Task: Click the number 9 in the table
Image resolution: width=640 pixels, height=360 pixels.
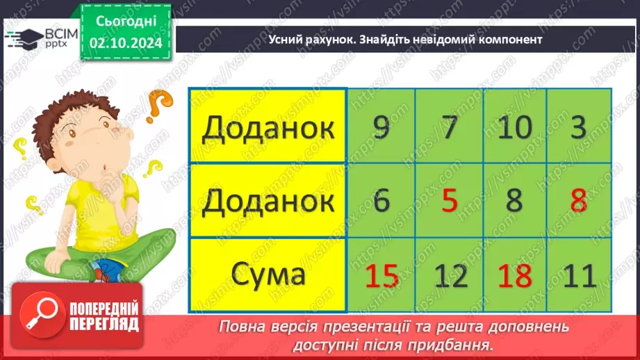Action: coord(381,127)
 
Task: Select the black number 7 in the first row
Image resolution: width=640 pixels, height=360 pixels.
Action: coord(450,127)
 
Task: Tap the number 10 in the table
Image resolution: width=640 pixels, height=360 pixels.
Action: coord(515,127)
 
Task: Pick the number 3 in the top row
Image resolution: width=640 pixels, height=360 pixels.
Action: coord(579,127)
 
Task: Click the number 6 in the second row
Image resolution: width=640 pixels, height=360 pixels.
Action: coord(381,202)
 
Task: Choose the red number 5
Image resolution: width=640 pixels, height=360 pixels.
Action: coord(450,202)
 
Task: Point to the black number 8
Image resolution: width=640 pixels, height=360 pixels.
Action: coord(515,202)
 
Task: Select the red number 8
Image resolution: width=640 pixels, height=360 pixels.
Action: coord(579,202)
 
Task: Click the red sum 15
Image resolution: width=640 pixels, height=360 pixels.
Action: coord(381,276)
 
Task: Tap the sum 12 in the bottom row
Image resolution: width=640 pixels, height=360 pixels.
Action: coord(450,276)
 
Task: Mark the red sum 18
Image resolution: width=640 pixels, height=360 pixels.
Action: coord(515,276)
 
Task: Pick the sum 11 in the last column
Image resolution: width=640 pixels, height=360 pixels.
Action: coord(579,276)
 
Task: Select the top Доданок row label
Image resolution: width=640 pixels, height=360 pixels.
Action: coord(268,128)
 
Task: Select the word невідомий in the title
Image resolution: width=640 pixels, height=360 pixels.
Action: coord(442,40)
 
